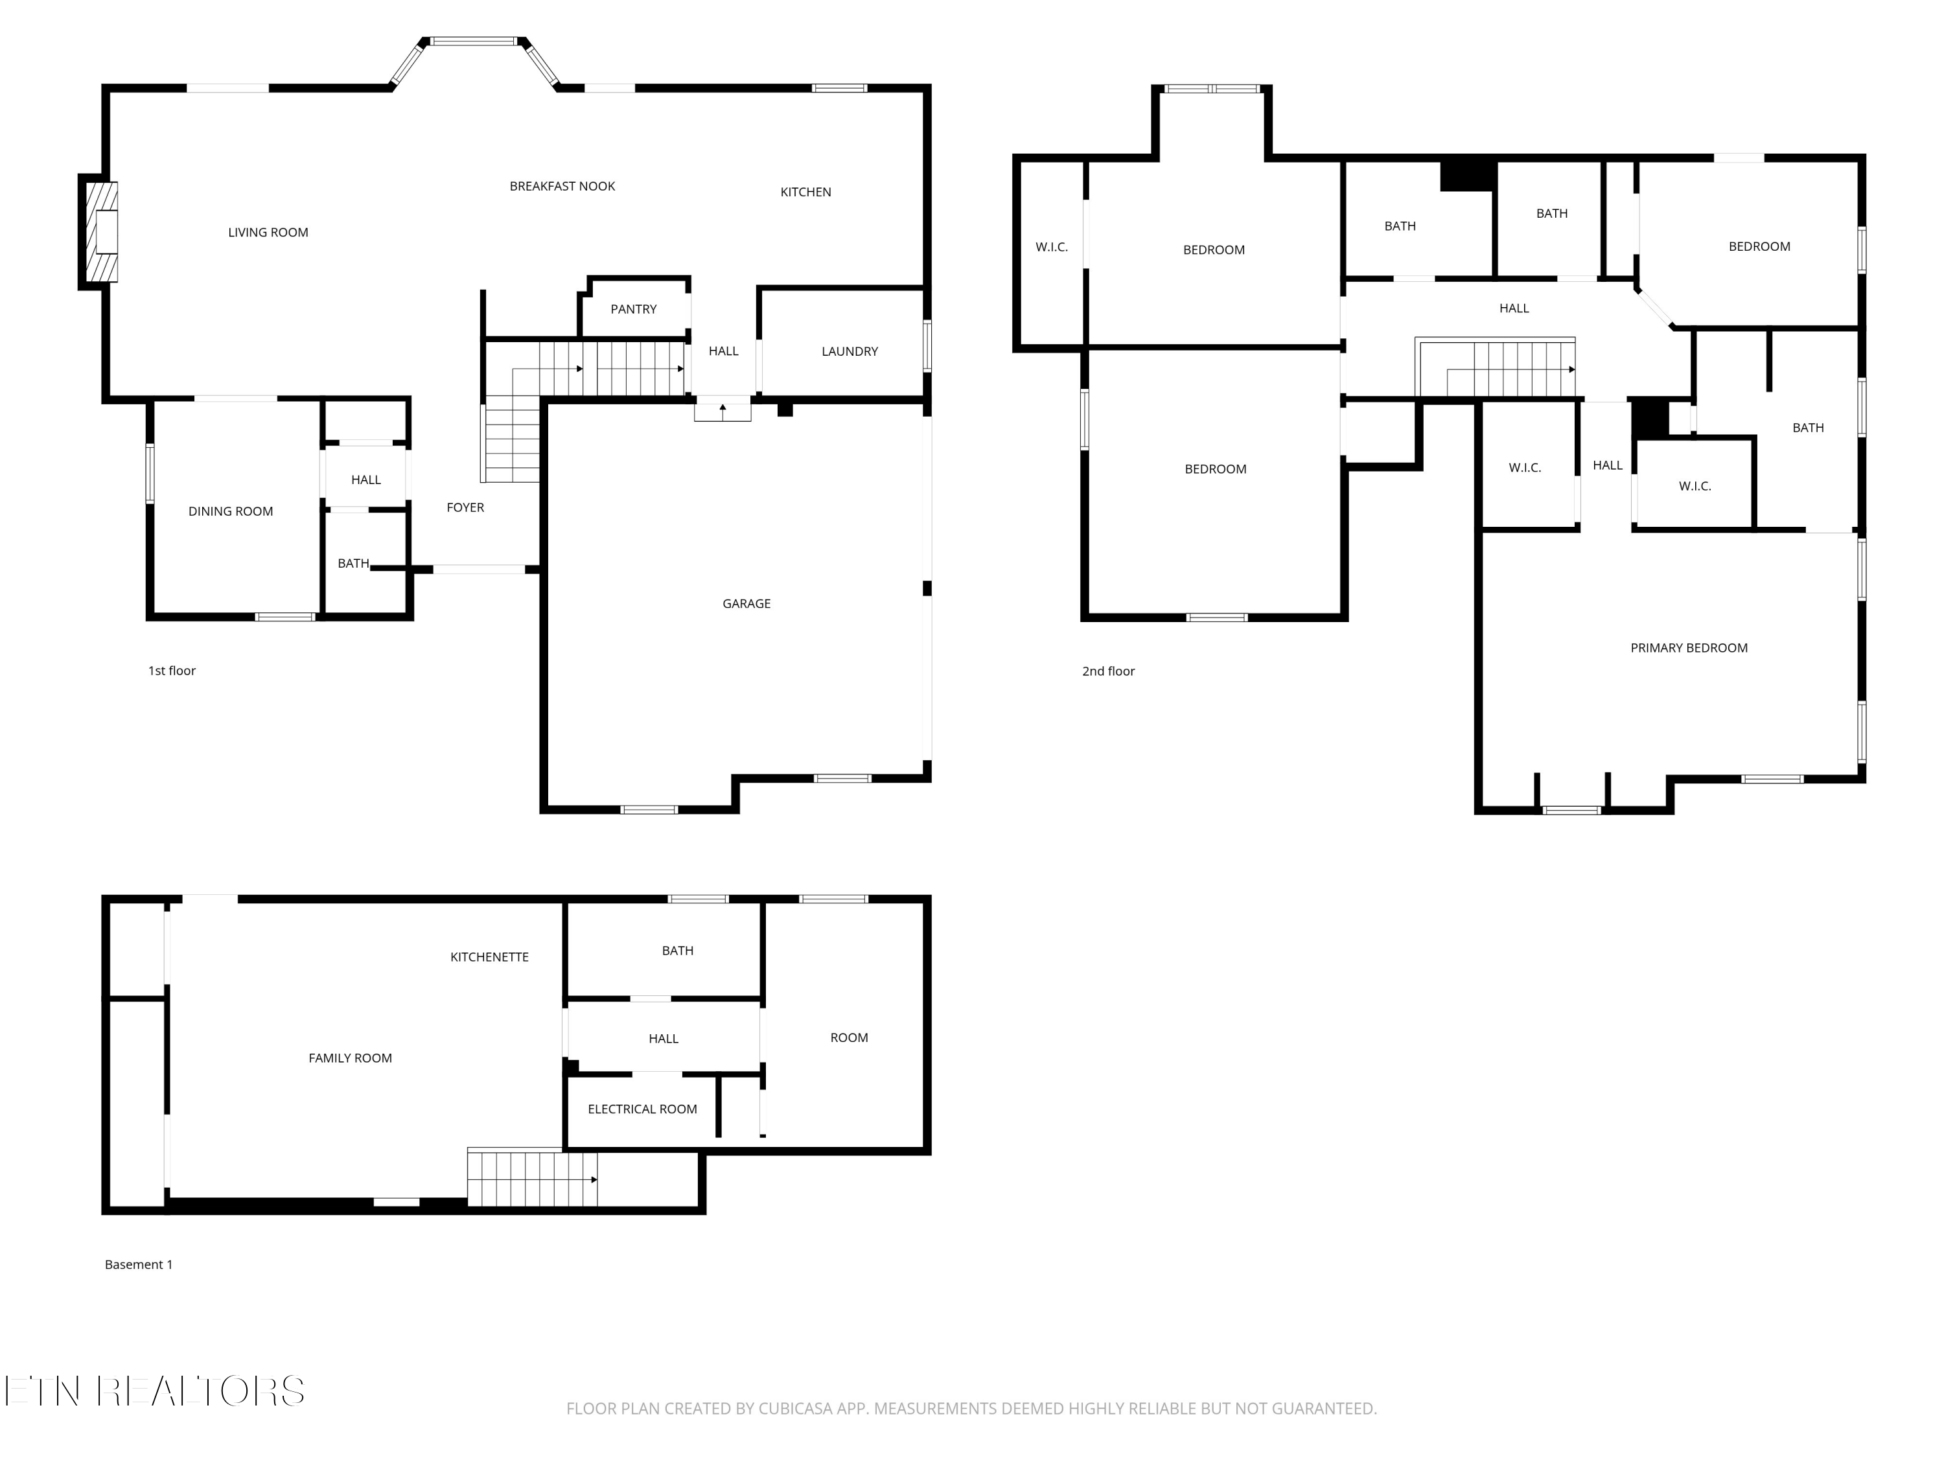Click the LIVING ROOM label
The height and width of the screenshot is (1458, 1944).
[268, 233]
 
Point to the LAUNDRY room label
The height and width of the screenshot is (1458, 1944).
[849, 351]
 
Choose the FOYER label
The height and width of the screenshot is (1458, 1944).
[465, 508]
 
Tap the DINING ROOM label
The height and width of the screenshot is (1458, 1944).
[230, 511]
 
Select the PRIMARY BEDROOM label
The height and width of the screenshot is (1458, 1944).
[1688, 649]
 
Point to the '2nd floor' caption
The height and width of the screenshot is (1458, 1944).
[1107, 671]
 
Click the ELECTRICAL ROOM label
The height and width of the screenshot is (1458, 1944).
[642, 1110]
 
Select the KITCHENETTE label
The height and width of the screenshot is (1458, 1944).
[489, 957]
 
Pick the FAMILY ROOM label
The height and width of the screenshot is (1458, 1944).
[350, 1058]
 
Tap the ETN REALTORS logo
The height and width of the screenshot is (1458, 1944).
[155, 1391]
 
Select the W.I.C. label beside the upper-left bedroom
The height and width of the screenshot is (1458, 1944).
[1051, 248]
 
